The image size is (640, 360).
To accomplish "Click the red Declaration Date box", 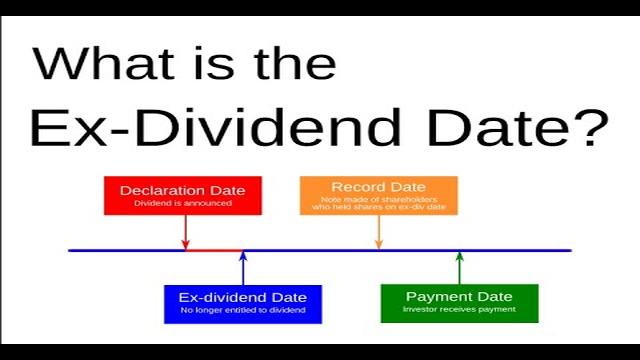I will coord(183,195).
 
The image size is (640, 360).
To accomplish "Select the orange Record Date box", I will coord(378,195).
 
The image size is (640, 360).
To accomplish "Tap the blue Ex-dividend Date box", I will coord(243,304).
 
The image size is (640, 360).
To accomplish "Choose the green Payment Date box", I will coord(459,303).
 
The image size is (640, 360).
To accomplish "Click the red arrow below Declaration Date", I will coord(185,232).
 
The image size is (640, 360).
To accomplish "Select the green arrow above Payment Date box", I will coord(459,267).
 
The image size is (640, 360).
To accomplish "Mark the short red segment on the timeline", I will coord(214,250).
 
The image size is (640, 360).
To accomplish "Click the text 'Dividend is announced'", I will coord(183,203).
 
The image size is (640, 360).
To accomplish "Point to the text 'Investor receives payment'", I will coord(459,310).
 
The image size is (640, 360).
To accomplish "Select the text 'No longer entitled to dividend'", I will coord(243,312).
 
